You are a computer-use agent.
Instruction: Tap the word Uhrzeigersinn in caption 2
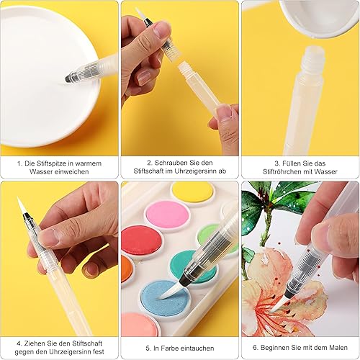195,171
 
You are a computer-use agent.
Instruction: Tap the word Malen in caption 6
338,348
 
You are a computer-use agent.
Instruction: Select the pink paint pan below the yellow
167,215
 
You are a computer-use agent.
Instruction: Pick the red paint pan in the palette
141,240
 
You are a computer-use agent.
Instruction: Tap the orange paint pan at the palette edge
125,268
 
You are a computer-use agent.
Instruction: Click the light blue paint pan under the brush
165,297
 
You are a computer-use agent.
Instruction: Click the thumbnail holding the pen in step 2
161,30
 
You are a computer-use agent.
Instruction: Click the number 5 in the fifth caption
148,348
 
